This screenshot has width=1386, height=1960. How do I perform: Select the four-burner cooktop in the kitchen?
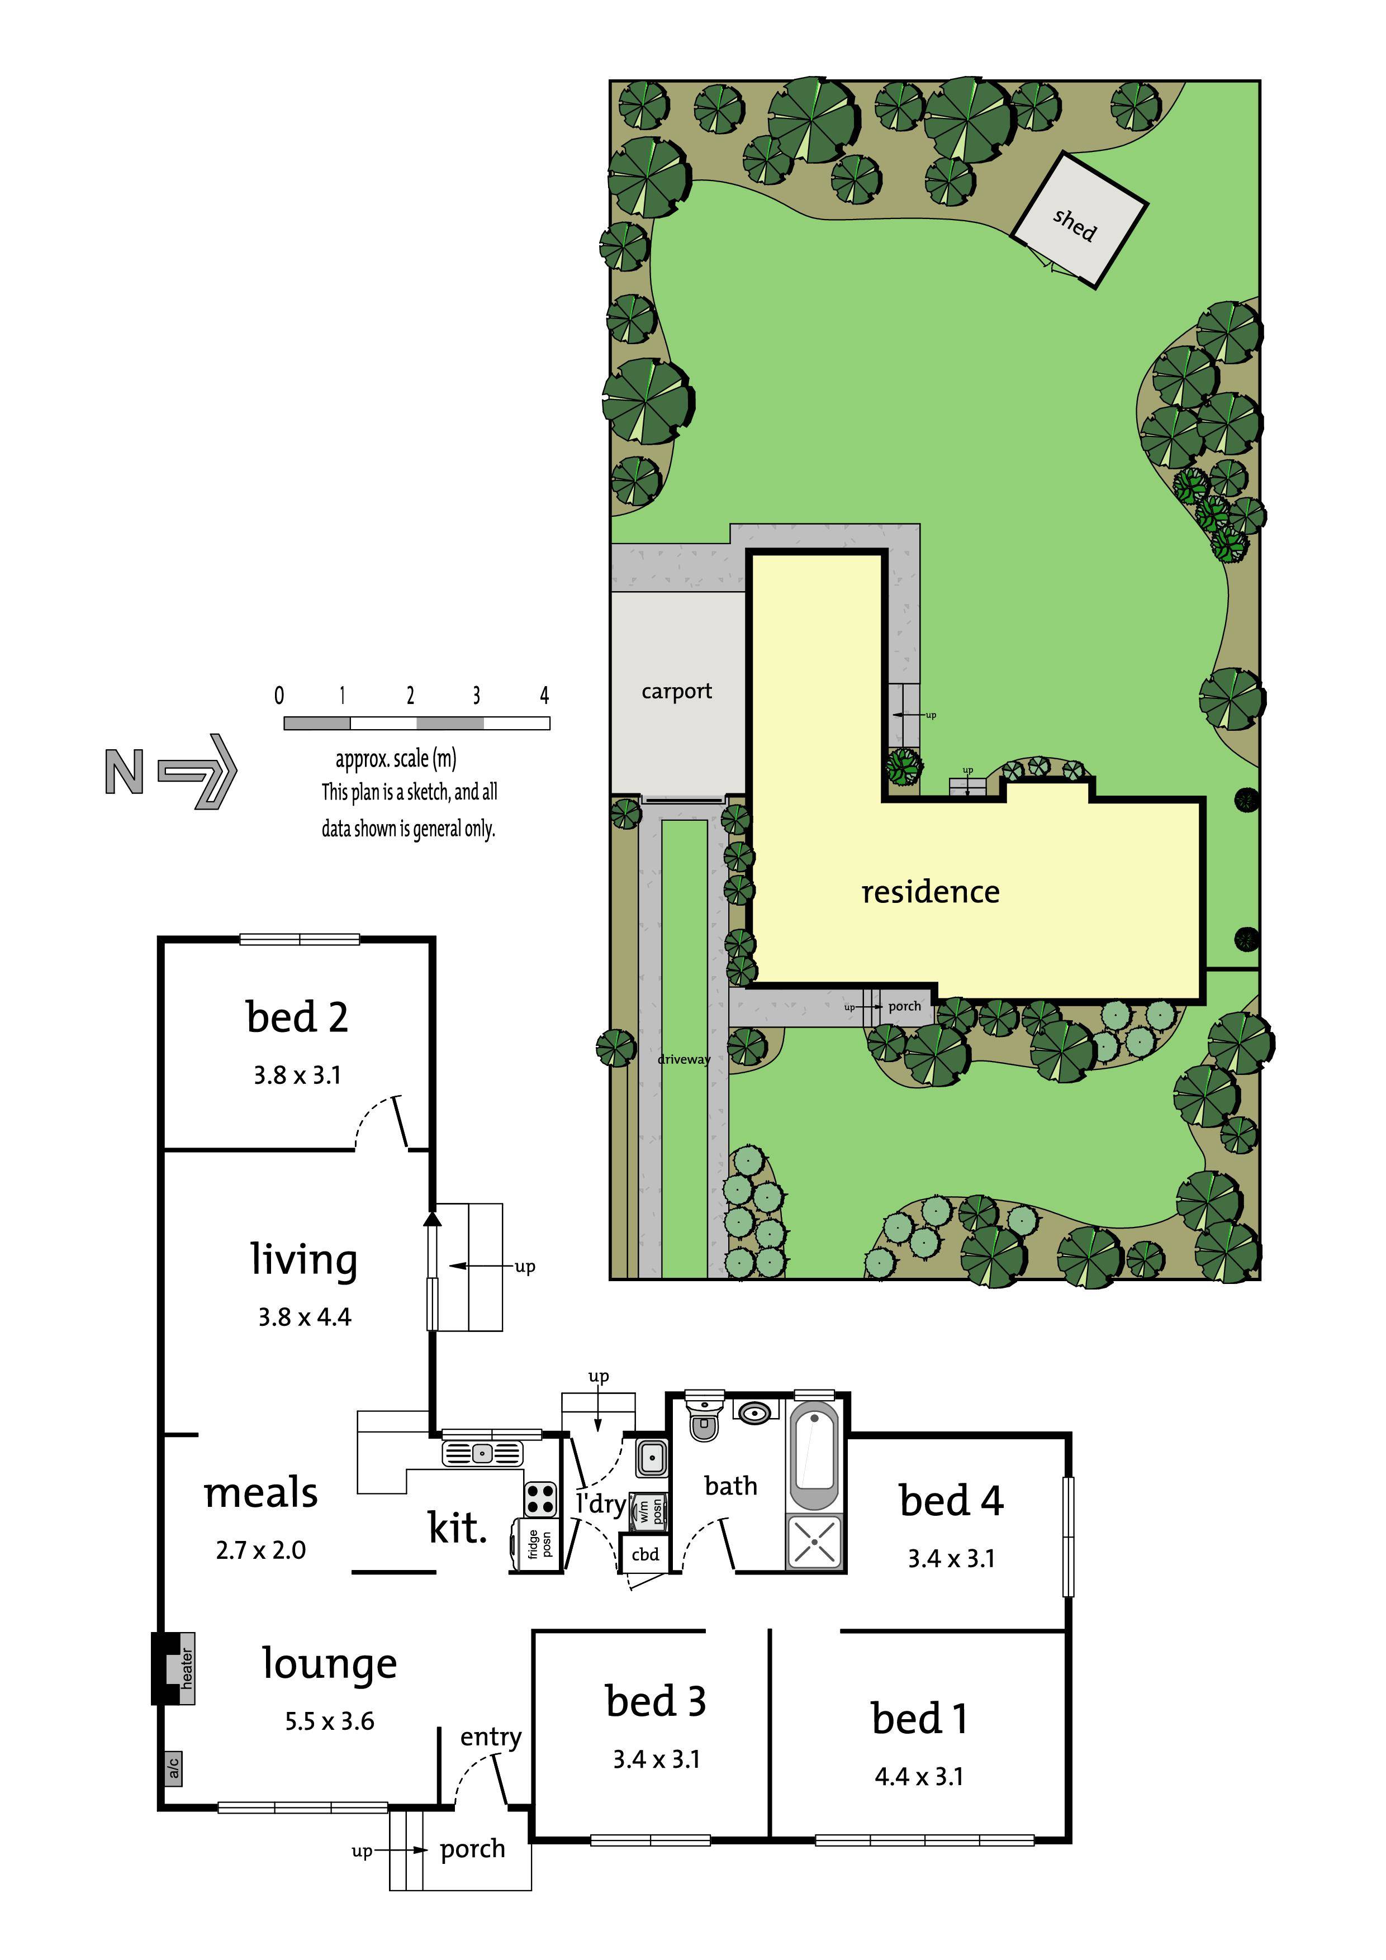click(540, 1497)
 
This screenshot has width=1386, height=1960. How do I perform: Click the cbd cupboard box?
click(645, 1554)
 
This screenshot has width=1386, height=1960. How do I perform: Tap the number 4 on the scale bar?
click(544, 695)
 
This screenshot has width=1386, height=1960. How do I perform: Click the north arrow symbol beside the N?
click(199, 771)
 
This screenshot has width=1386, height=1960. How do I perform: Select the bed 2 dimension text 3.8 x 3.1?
click(297, 1075)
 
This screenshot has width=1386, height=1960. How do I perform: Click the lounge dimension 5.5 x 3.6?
click(330, 1721)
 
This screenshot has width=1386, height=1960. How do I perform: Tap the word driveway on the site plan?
click(683, 1059)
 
